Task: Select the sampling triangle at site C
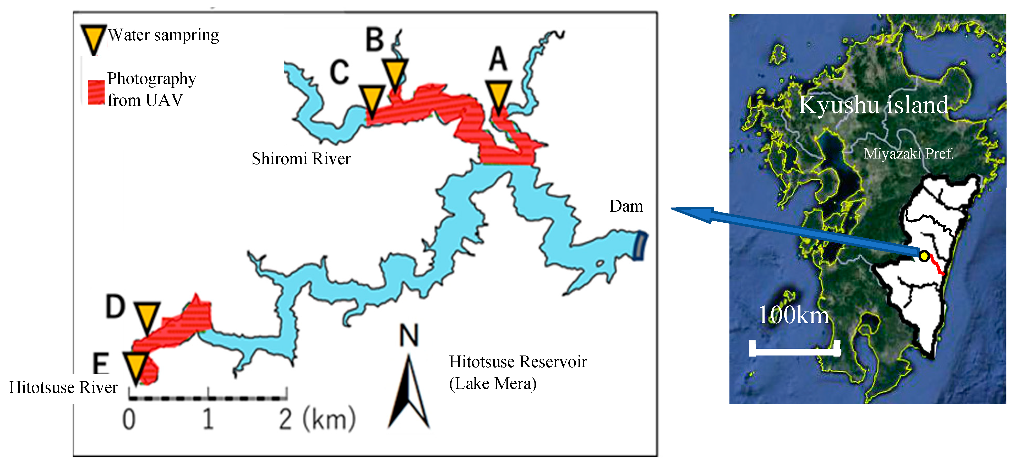[372, 100]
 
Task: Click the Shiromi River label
[301, 159]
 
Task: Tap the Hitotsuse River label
[63, 387]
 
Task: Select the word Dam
[626, 206]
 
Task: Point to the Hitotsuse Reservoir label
[518, 372]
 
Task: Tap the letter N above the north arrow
[408, 336]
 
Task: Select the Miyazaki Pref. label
[908, 154]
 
